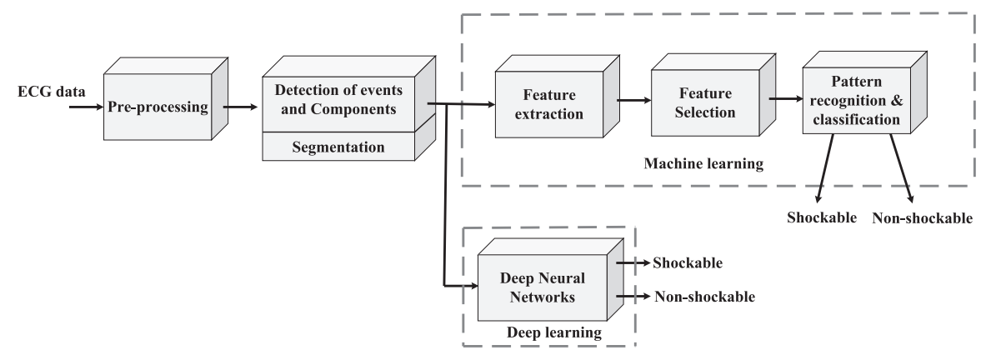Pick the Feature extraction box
click(549, 104)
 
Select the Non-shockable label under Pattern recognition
click(922, 218)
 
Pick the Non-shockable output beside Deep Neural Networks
click(705, 296)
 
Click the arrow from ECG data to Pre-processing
click(87, 107)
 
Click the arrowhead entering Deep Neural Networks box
click(471, 286)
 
